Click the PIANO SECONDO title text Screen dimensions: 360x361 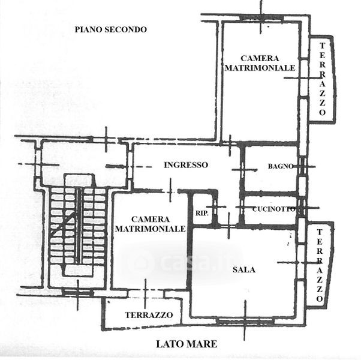(x=111, y=29)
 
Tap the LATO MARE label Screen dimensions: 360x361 (x=186, y=344)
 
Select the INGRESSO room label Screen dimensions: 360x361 (x=186, y=165)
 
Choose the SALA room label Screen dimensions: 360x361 (x=244, y=270)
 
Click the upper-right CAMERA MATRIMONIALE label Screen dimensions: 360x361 (x=260, y=63)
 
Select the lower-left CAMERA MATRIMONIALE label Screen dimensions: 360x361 (x=150, y=224)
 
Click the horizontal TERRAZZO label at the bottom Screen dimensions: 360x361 (x=149, y=315)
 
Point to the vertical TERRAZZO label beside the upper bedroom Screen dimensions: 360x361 (x=323, y=79)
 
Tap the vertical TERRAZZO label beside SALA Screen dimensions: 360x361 (x=321, y=265)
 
